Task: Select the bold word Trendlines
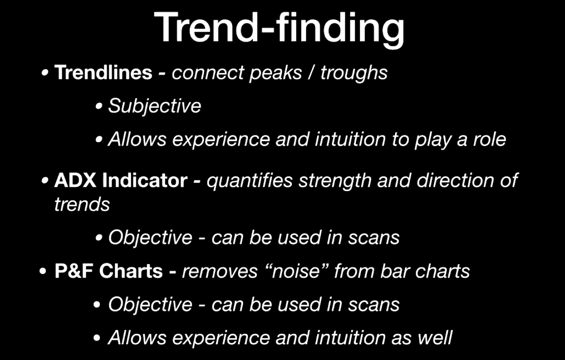coord(103,72)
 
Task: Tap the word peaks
coord(276,74)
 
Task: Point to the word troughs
coord(354,74)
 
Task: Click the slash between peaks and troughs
coord(311,73)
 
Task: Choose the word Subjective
coord(155,107)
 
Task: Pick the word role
coord(489,139)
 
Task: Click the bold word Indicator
coord(145,180)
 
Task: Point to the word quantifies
coord(249,181)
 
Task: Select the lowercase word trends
coord(82,204)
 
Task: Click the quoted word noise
coord(295,271)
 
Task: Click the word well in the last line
coord(435,338)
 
